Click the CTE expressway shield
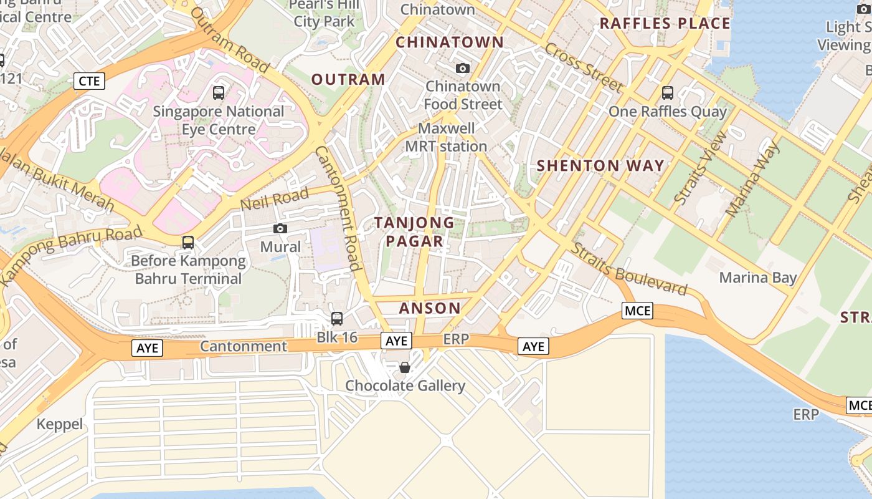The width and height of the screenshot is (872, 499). (90, 80)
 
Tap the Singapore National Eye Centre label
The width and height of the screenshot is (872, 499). (219, 120)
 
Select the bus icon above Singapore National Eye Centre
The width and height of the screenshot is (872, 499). (219, 93)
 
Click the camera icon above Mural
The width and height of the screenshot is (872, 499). (280, 229)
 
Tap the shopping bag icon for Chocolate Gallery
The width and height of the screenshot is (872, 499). (405, 367)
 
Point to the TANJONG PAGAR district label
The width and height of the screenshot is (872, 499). (414, 231)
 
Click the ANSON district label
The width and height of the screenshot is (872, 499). (430, 308)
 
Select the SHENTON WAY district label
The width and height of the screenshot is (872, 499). (600, 165)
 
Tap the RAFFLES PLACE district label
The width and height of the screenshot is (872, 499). (665, 24)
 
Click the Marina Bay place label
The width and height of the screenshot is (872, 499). (758, 278)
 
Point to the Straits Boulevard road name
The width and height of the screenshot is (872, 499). (630, 269)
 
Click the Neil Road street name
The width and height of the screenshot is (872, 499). (275, 200)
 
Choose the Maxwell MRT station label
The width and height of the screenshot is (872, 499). (446, 137)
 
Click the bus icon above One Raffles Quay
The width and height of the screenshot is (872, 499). (668, 93)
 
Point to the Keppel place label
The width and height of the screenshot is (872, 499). (60, 424)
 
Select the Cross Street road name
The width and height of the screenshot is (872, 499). (584, 67)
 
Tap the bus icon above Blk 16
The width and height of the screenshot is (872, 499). (337, 319)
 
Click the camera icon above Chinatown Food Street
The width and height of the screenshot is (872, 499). (463, 68)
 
